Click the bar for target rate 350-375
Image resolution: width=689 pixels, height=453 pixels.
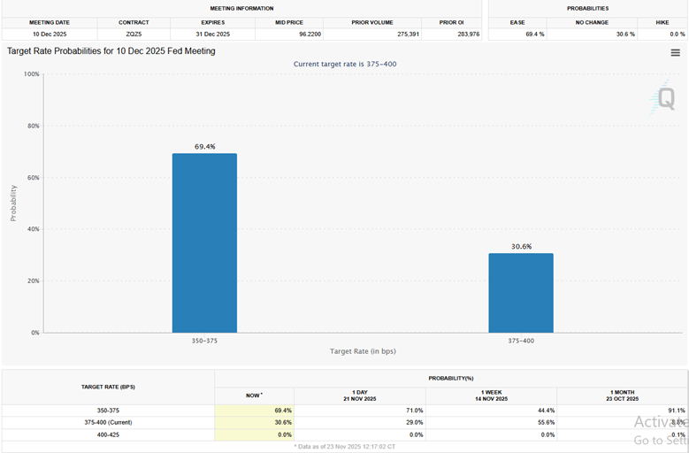tap(204, 243)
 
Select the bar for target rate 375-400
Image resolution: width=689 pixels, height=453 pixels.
tap(521, 293)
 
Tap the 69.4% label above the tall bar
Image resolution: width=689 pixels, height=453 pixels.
tap(204, 147)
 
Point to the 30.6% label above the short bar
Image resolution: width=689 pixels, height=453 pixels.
tap(521, 247)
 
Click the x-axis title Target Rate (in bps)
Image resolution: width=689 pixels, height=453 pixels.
tap(363, 351)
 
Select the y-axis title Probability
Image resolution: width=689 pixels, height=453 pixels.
tap(13, 203)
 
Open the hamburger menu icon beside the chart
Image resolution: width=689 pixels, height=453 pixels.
tap(676, 53)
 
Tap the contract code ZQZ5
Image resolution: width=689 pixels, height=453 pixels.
tap(134, 34)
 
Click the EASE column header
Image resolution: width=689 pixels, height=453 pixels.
tap(517, 22)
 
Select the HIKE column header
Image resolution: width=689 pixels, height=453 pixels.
tap(662, 22)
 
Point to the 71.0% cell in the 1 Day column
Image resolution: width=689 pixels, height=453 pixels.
tap(413, 411)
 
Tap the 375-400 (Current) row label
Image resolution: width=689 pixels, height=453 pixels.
tap(108, 423)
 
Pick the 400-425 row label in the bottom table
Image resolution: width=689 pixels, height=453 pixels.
tap(108, 434)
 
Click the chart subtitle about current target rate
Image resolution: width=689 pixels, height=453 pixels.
tap(345, 64)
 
